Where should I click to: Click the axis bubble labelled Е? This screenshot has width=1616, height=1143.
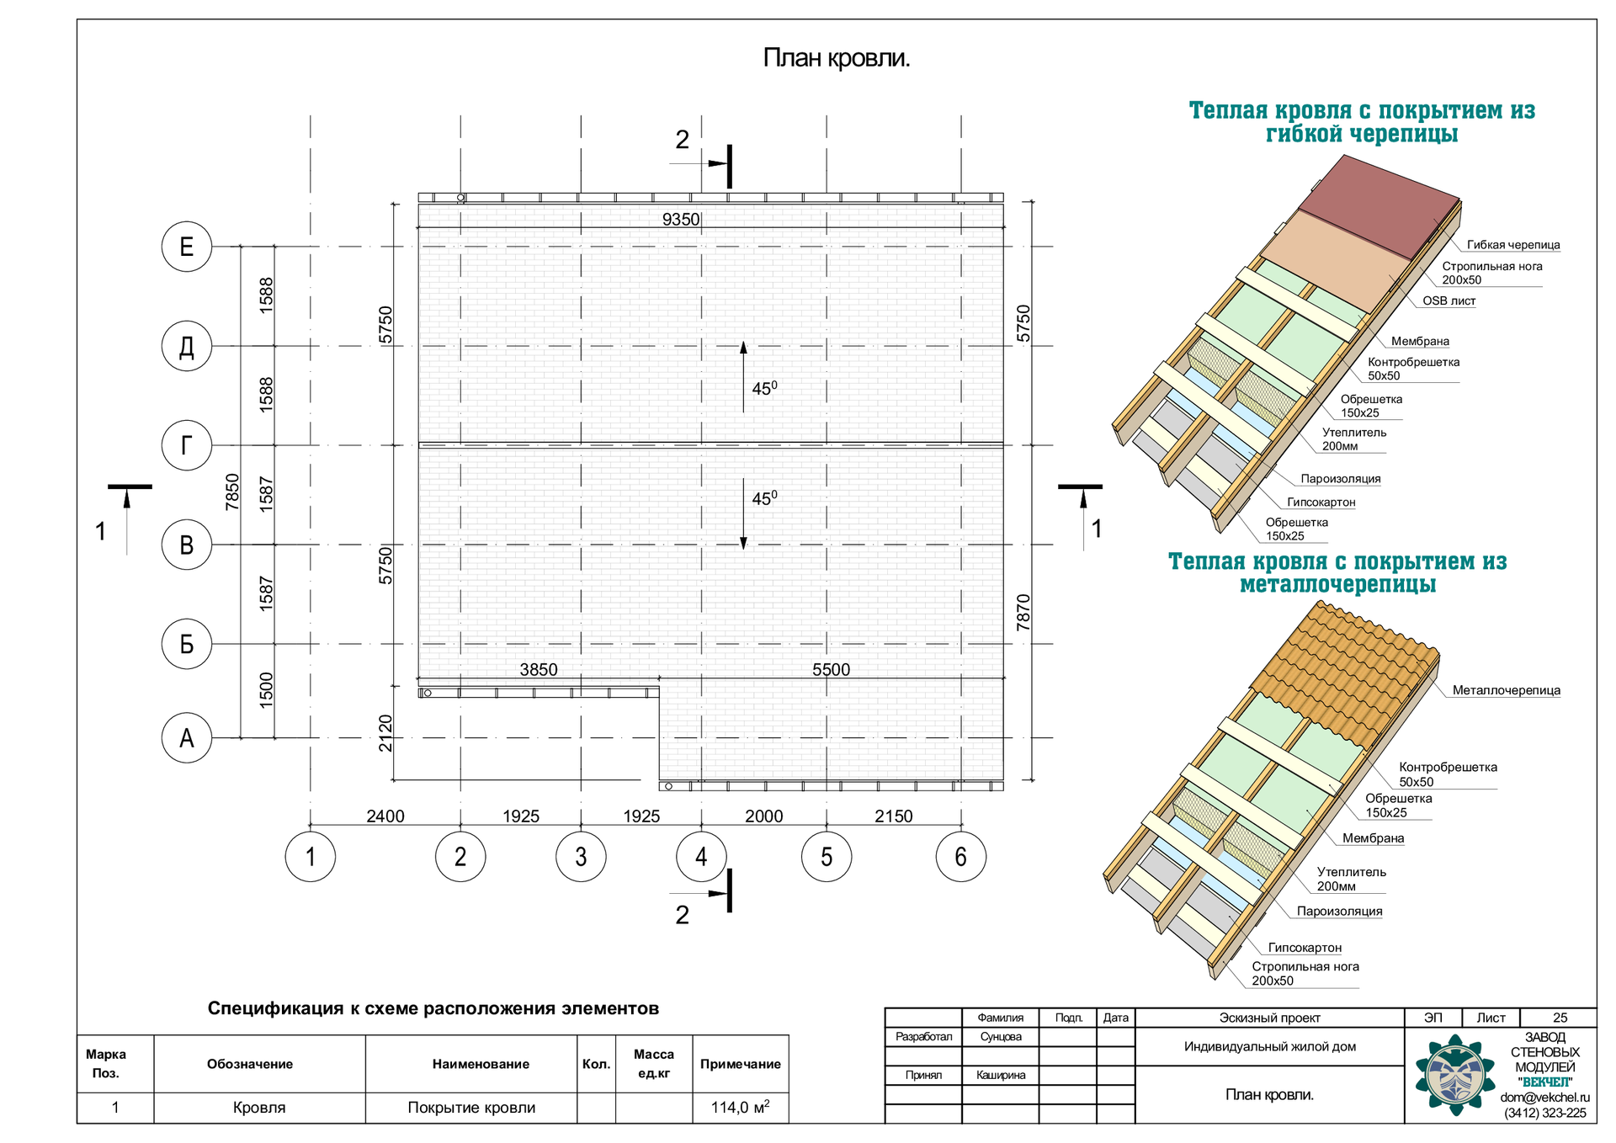coord(186,247)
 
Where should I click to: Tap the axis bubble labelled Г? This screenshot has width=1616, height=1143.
coord(186,445)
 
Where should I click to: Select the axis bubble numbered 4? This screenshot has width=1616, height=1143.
coord(701,857)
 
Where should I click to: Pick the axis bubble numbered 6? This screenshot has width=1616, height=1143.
coord(960,857)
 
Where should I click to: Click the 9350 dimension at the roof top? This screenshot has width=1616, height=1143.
coord(680,220)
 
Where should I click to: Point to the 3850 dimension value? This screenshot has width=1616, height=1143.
coord(538,670)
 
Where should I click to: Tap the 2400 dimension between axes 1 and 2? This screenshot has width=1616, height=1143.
coord(385,816)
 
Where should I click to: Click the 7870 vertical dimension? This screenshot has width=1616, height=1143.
coord(1023,613)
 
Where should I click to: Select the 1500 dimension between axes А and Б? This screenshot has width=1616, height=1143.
coord(266,690)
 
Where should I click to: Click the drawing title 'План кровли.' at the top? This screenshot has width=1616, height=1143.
coord(836,58)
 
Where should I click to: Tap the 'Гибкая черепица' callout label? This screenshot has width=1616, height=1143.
coord(1512,245)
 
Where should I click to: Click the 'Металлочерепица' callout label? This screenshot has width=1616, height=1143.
coord(1506,690)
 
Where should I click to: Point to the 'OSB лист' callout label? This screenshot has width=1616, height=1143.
coord(1449,300)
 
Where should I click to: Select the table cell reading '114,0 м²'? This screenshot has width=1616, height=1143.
coord(740,1108)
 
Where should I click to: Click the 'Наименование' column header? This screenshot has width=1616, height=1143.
coord(481,1064)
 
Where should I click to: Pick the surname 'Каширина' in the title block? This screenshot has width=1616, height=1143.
coord(1001,1075)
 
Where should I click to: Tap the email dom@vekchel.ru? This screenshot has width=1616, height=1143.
coord(1544,1098)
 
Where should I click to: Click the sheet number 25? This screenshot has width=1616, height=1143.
coord(1560,1018)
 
